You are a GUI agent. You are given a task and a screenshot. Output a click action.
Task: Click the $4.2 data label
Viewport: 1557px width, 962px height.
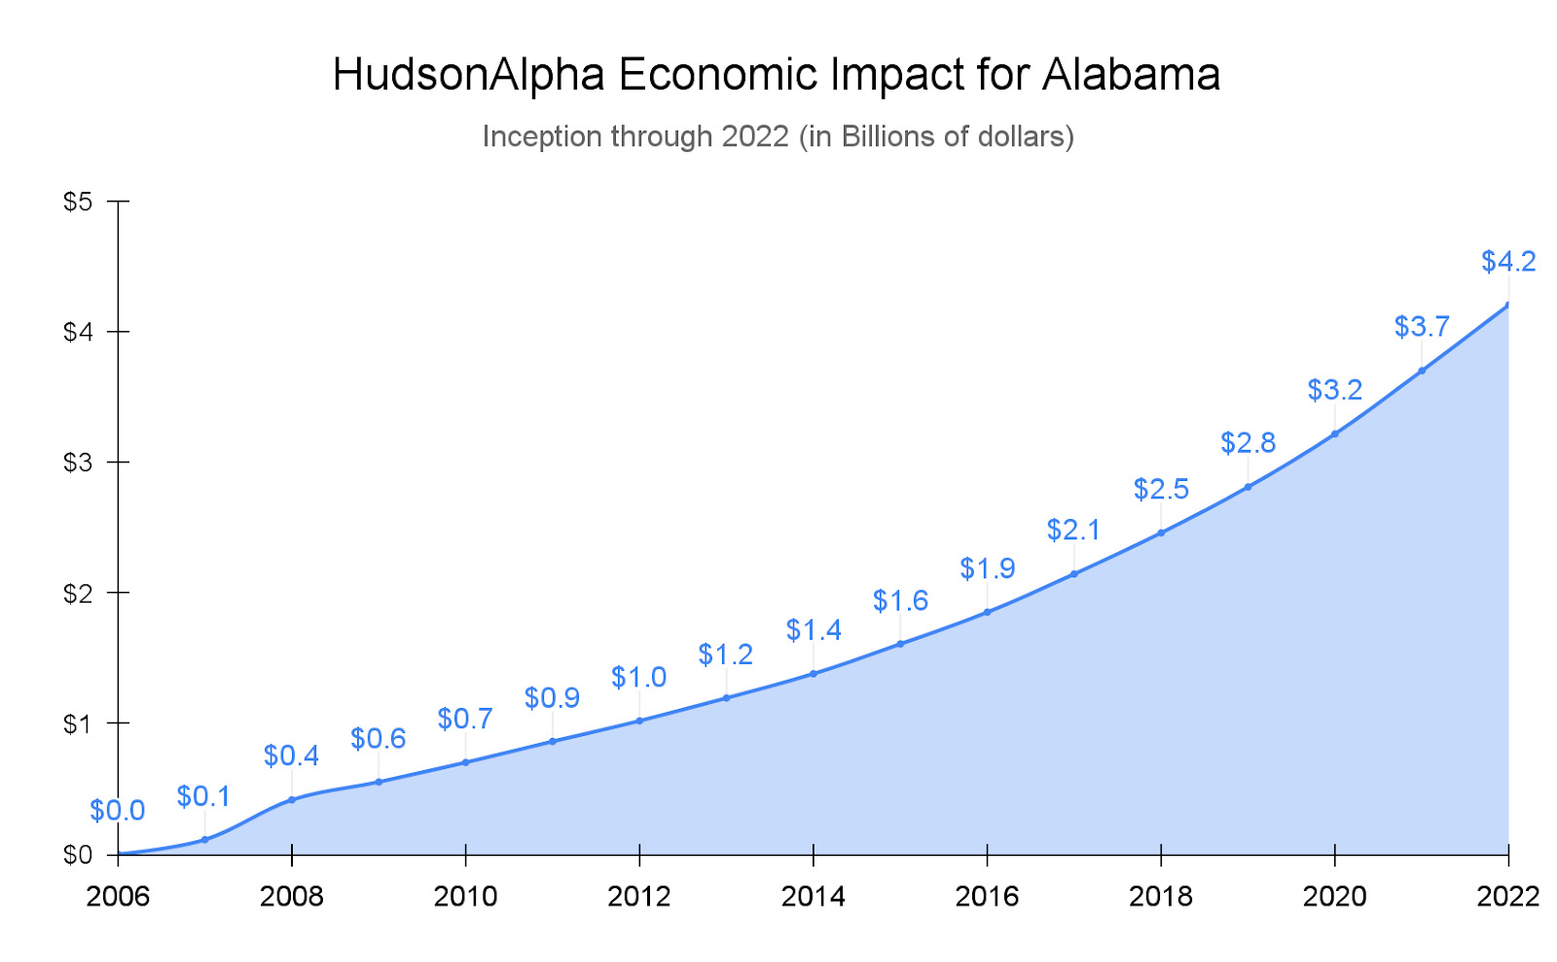pyautogui.click(x=1507, y=261)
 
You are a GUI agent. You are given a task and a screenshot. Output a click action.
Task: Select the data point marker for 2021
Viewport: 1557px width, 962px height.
pyautogui.click(x=1422, y=370)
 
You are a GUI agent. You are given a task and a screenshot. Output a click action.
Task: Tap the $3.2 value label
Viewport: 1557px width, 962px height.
pyautogui.click(x=1334, y=390)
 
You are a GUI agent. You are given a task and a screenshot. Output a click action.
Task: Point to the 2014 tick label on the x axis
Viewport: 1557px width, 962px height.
pyautogui.click(x=813, y=896)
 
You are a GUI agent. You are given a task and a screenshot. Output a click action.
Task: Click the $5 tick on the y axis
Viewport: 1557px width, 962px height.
pyautogui.click(x=78, y=202)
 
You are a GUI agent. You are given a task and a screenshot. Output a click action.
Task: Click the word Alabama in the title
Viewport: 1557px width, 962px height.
pyautogui.click(x=1131, y=75)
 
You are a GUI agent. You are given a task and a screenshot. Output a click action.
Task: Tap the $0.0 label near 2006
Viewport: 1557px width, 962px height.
pyautogui.click(x=117, y=810)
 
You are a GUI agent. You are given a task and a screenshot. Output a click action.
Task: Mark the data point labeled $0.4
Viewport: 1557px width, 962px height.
pyautogui.click(x=291, y=799)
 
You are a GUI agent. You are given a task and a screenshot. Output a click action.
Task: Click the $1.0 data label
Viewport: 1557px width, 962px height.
pyautogui.click(x=638, y=678)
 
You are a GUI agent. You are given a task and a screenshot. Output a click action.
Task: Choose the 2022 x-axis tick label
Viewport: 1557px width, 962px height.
pyautogui.click(x=1507, y=896)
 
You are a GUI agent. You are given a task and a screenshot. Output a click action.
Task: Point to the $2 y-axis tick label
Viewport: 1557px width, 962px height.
pyautogui.click(x=78, y=593)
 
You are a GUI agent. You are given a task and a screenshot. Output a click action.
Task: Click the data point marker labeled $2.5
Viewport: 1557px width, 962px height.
pyautogui.click(x=1161, y=533)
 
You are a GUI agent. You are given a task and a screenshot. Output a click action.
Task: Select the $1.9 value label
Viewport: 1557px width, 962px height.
pyautogui.click(x=987, y=569)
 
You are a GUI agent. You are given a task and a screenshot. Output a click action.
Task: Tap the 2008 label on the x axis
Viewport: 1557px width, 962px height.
pyautogui.click(x=291, y=896)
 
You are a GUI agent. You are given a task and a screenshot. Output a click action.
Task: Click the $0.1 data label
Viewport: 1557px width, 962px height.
pyautogui.click(x=203, y=796)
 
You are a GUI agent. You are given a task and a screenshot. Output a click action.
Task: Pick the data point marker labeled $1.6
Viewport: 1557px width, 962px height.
pyautogui.click(x=900, y=644)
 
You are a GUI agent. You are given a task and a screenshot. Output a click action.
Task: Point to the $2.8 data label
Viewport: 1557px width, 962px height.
pyautogui.click(x=1248, y=443)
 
